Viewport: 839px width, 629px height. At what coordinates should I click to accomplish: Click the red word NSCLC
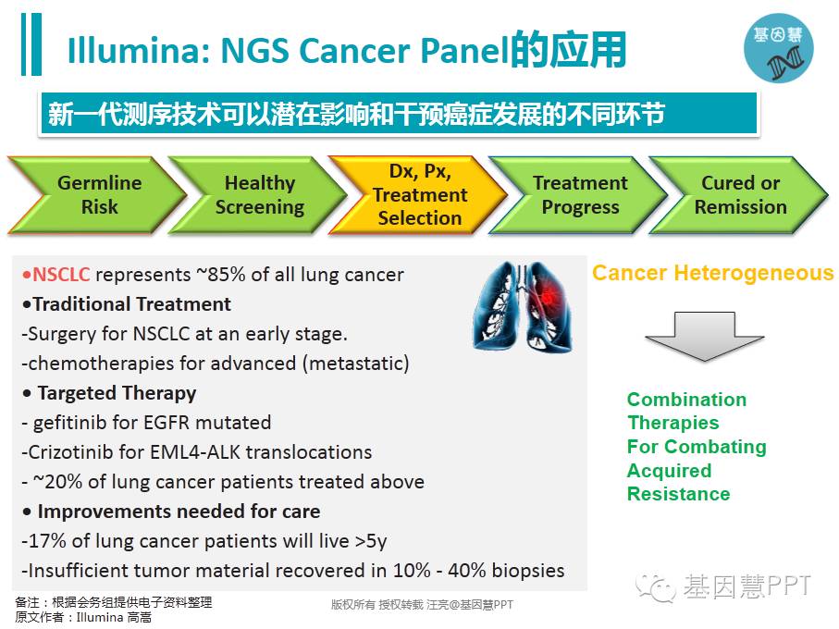tap(61, 275)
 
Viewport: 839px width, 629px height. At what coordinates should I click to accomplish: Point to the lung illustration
tap(523, 306)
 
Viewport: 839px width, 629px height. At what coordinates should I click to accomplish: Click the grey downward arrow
tap(705, 337)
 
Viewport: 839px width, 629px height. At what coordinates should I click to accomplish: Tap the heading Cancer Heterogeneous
tap(712, 273)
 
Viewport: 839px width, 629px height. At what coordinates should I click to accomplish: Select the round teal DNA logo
tap(779, 48)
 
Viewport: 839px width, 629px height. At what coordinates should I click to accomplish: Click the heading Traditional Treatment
tap(131, 303)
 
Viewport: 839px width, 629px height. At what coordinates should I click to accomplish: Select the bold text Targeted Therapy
tap(117, 394)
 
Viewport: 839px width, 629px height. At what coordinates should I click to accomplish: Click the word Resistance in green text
tap(678, 494)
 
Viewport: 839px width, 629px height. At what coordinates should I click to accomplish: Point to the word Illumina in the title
tap(138, 50)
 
